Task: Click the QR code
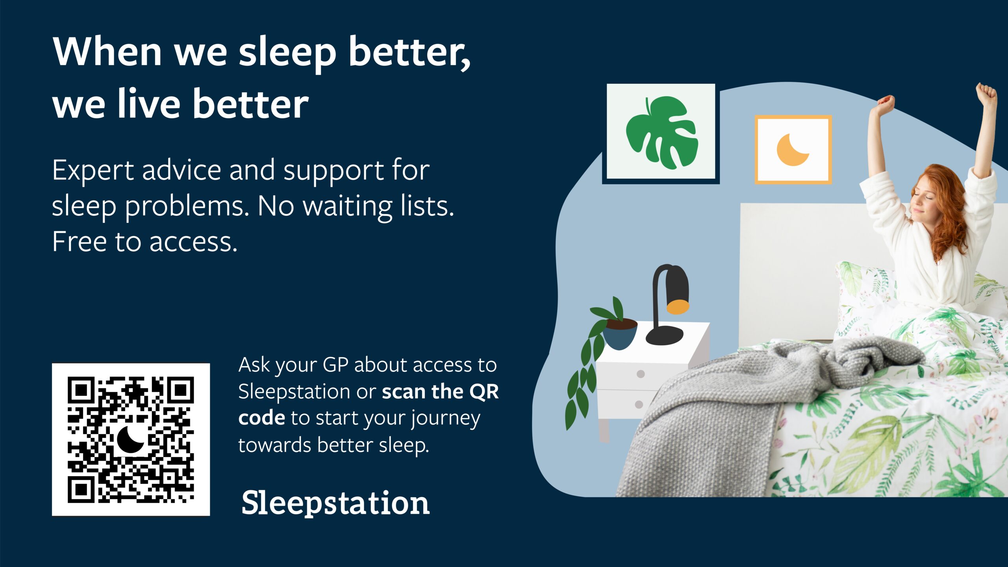tap(131, 439)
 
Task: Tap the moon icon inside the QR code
tap(131, 439)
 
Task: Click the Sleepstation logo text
tap(335, 504)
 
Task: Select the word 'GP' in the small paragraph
tap(335, 365)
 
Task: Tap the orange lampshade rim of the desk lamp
tap(678, 307)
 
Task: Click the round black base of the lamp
tap(665, 335)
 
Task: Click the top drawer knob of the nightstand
tap(641, 374)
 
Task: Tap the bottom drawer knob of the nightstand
tap(639, 404)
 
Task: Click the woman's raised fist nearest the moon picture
tap(886, 104)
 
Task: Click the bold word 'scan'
tap(403, 392)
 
